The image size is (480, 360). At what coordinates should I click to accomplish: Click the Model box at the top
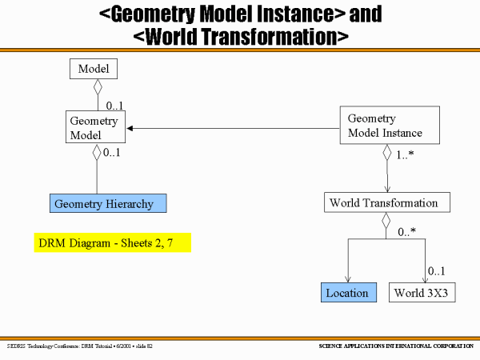94,70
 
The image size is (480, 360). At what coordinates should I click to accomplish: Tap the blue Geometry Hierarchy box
108,204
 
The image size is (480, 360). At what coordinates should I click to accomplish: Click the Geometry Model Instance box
386,126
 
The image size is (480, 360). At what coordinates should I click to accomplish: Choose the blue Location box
348,293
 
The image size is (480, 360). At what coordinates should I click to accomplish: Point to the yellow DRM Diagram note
113,242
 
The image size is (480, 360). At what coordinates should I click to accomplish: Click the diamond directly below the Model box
98,88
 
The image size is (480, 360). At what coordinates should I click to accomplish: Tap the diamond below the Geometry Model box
97,152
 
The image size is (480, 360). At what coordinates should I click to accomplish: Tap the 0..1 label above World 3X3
436,272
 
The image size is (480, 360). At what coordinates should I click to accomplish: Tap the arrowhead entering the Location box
348,279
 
